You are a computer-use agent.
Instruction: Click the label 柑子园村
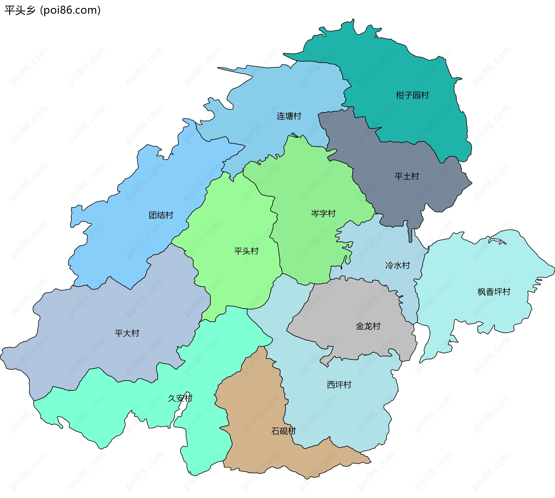coord(412,95)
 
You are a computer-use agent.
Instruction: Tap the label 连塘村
coord(289,116)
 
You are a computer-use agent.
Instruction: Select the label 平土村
coord(407,176)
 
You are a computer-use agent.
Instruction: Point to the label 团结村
coord(161,215)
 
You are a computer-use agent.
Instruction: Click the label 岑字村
coord(323,214)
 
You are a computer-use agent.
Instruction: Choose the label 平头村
coord(246,251)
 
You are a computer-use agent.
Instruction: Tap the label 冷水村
coord(397,265)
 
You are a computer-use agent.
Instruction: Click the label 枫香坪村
coord(494,292)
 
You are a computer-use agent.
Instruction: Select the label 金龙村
coord(368,326)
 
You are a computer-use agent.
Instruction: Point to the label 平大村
coord(127,333)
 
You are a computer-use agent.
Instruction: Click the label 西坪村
coord(339,385)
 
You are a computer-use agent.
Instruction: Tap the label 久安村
coord(180,398)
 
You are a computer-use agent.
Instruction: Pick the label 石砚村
coord(283,431)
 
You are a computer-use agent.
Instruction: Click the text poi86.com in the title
coord(70,10)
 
